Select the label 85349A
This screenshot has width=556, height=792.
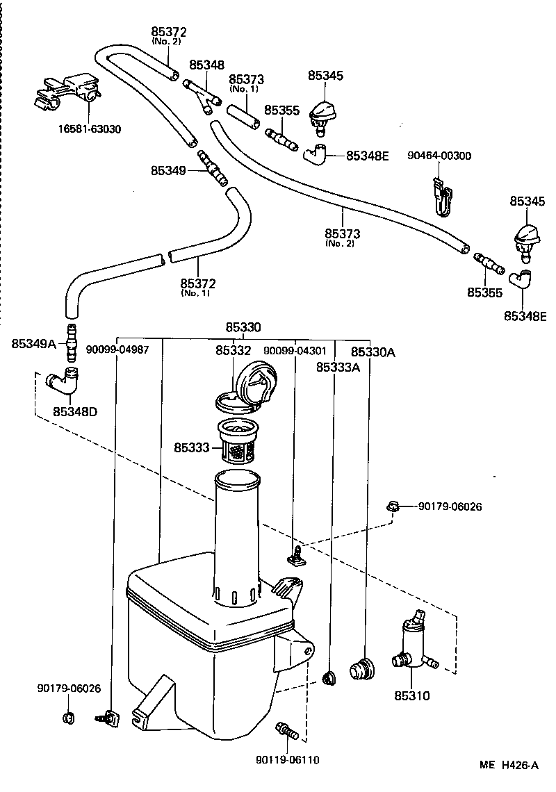(x=33, y=343)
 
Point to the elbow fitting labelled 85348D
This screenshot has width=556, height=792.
(x=65, y=381)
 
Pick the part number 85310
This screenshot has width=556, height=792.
(x=412, y=695)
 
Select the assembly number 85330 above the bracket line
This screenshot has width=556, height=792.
(x=243, y=327)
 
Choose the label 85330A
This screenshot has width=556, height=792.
(x=373, y=352)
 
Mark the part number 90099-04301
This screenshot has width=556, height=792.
(x=295, y=351)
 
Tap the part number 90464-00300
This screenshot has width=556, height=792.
(x=439, y=156)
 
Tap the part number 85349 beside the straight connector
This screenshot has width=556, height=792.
(x=168, y=170)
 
